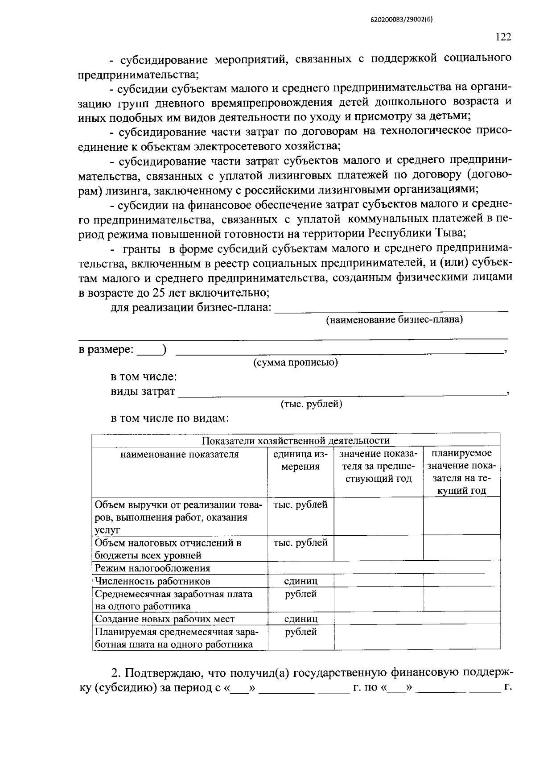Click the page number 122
503,37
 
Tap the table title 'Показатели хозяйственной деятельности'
296,441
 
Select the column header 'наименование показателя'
179,454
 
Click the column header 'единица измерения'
300,460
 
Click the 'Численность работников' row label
152,581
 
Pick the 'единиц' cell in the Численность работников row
301,581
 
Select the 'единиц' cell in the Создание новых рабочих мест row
301,619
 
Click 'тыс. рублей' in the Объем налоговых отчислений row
300,542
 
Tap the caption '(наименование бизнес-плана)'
394,319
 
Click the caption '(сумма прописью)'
295,362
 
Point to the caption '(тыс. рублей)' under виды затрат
311,404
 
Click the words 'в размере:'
106,350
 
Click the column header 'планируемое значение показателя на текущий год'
461,472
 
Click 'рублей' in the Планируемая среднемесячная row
301,632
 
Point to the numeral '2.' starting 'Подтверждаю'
116,673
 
